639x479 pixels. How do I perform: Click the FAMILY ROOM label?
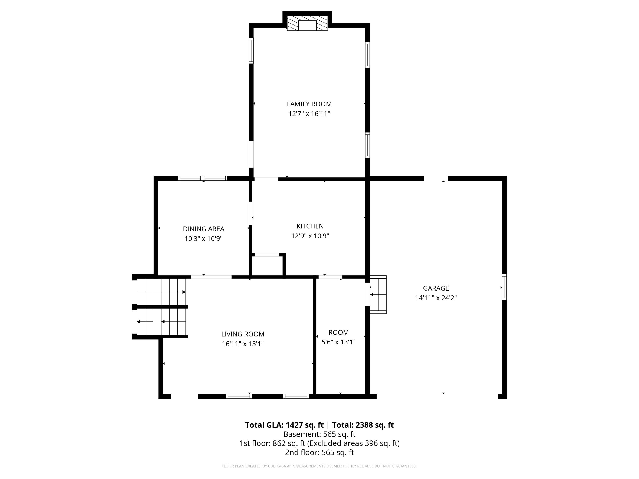[x=309, y=104]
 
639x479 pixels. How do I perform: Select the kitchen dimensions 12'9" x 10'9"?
[x=310, y=236]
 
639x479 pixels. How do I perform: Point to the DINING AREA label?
[x=204, y=229]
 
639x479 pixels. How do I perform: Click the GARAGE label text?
[x=436, y=288]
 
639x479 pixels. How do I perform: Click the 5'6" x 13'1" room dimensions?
[x=339, y=342]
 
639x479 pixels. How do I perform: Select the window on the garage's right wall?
[x=504, y=287]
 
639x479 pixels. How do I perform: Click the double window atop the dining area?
[x=203, y=178]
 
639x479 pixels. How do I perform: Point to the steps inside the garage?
[x=378, y=294]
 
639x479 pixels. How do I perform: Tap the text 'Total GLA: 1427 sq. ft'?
[x=285, y=425]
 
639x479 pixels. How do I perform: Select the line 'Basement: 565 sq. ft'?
[x=319, y=434]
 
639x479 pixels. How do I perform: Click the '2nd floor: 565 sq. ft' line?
[x=319, y=452]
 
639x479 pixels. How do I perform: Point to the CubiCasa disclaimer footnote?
[x=319, y=466]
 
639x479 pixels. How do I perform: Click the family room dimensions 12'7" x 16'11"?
[x=309, y=114]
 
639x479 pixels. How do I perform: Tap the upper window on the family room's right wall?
[x=367, y=55]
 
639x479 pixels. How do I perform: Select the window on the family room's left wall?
[x=251, y=50]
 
